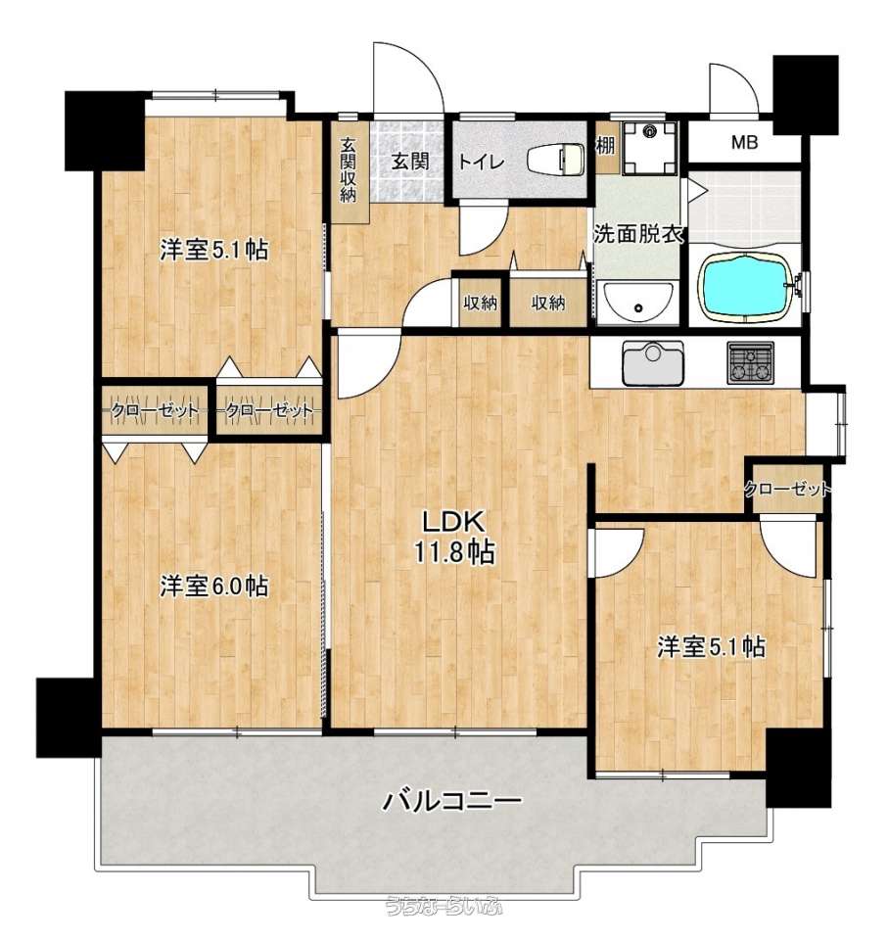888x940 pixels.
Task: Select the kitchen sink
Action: point(653,363)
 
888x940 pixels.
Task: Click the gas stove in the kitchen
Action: point(750,362)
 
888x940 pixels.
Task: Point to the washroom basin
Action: point(638,303)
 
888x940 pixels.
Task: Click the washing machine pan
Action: point(650,148)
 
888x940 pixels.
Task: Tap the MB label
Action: point(744,143)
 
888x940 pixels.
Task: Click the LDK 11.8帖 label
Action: point(455,537)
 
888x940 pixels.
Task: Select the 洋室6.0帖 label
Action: point(214,587)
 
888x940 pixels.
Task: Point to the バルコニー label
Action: point(452,800)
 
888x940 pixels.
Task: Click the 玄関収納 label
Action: point(349,169)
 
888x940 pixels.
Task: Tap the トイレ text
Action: point(482,162)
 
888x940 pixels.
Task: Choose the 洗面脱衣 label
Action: point(639,234)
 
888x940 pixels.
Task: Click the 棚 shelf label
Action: point(606,145)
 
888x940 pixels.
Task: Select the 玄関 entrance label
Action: point(411,161)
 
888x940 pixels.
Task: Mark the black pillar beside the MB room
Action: point(805,95)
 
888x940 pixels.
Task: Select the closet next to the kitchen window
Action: point(787,489)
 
